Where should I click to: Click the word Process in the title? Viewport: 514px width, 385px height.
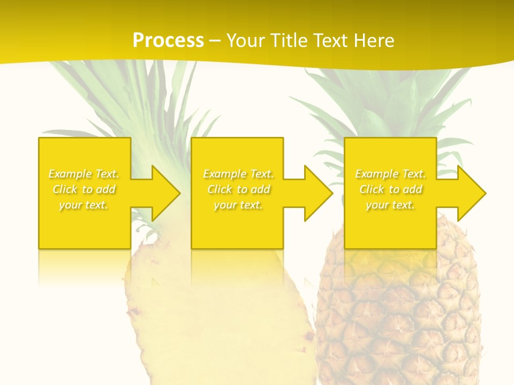[168, 40]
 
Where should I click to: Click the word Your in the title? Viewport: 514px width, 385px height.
[246, 40]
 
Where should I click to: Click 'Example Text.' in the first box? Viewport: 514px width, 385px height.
[84, 174]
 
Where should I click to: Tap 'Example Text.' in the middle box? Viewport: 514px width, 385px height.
[238, 174]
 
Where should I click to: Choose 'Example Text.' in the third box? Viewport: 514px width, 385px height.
[390, 174]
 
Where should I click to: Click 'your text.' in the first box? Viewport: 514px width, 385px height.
[84, 205]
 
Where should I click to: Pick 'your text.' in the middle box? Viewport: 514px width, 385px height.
[238, 205]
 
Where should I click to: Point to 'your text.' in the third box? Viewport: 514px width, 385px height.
[390, 205]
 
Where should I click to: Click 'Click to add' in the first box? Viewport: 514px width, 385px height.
[84, 189]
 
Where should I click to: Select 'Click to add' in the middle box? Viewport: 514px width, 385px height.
[238, 189]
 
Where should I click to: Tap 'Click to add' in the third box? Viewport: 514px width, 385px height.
[390, 189]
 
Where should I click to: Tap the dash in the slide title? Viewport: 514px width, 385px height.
[215, 41]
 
